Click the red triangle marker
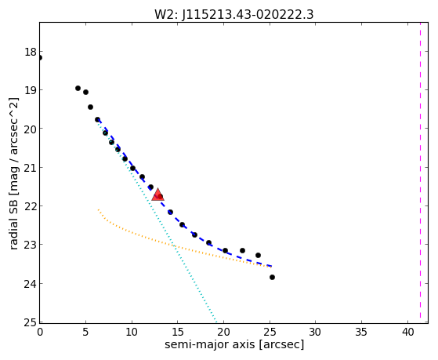click(157, 195)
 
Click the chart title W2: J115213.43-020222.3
click(234, 14)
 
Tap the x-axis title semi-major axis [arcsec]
click(234, 344)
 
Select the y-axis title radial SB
click(13, 219)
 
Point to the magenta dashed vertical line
click(420, 173)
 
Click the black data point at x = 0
click(40, 57)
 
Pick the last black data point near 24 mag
click(272, 277)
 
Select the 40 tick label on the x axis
click(407, 332)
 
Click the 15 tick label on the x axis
click(178, 332)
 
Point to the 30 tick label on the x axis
click(316, 332)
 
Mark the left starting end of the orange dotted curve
click(98, 209)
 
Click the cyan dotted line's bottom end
click(216, 321)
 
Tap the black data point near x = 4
click(78, 88)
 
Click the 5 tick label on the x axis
click(85, 332)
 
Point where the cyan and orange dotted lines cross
click(174, 246)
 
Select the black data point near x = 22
click(242, 250)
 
